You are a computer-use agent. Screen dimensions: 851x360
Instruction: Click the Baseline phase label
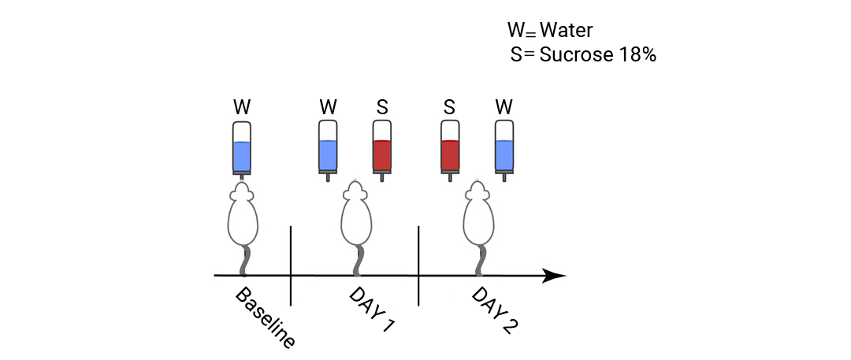[266, 317]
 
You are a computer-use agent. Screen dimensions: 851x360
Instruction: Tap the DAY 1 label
[372, 309]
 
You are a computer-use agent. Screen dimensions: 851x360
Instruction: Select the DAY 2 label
[494, 310]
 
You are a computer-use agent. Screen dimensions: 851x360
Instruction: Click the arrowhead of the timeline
[554, 276]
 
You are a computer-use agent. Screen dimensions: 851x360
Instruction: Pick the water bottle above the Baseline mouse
[242, 150]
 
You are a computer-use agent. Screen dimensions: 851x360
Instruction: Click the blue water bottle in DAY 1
[328, 150]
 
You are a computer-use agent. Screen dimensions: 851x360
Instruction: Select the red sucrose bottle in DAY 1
[382, 150]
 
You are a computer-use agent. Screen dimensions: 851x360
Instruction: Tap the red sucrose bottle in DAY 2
[450, 150]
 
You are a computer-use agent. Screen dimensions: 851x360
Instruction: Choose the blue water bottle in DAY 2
[504, 150]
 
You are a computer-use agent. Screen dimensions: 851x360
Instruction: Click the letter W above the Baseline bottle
[242, 107]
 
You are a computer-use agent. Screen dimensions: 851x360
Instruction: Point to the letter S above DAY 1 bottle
[382, 107]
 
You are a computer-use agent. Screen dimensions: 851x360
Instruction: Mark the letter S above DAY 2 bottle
[449, 107]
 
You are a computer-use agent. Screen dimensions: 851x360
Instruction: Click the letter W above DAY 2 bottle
[504, 107]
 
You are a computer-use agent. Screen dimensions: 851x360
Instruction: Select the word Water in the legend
[566, 31]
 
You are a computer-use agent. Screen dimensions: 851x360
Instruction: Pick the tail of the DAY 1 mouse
[359, 261]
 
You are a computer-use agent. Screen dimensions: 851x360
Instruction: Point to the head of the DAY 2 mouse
[477, 191]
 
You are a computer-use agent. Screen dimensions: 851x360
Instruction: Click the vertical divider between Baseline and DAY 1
[291, 266]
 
